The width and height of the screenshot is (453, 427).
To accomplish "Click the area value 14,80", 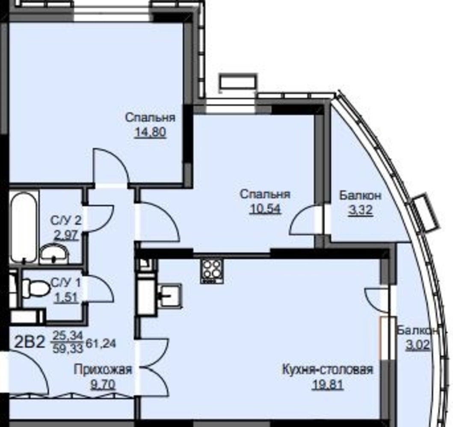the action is [x=150, y=132].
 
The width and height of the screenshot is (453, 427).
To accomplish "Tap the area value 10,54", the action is [x=265, y=209].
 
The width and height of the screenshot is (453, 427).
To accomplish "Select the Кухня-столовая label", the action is [x=328, y=369].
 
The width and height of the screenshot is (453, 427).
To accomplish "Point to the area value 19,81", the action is [x=328, y=385].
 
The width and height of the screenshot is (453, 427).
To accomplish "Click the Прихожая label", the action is [x=103, y=369].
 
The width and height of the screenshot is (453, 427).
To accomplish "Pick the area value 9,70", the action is [x=103, y=384].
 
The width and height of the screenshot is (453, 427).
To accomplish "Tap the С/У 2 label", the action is [x=66, y=221].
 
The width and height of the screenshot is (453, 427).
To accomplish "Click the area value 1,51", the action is [x=66, y=298].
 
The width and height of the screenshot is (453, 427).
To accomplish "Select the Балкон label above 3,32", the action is [x=360, y=196].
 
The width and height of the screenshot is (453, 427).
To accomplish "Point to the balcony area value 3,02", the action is [x=418, y=345].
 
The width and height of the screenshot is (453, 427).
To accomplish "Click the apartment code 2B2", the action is [x=30, y=342].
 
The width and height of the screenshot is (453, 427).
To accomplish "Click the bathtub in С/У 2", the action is [x=24, y=227].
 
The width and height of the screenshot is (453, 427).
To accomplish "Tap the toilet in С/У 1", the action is [x=36, y=287].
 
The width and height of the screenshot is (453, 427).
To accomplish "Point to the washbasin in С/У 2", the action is [x=54, y=254].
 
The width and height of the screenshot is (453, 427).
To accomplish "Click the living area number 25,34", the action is [x=68, y=336].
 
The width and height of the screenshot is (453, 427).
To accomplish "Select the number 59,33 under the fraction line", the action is [x=68, y=349].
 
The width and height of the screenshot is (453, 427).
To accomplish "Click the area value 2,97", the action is [x=66, y=236].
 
